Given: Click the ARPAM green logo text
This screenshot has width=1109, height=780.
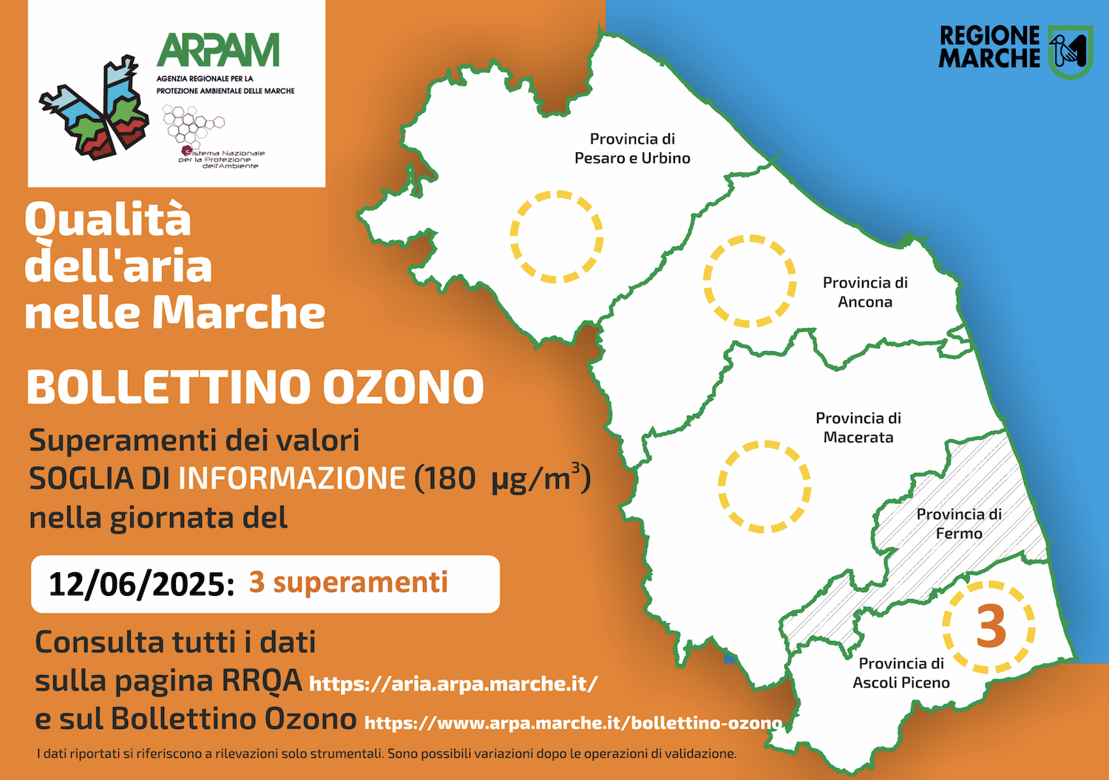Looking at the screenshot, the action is pyautogui.click(x=218, y=50).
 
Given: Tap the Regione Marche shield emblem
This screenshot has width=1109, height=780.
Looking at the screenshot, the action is pyautogui.click(x=1070, y=52).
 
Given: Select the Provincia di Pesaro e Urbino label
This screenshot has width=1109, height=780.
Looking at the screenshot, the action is pyautogui.click(x=632, y=148).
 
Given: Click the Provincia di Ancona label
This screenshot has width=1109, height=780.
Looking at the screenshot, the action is pyautogui.click(x=865, y=292).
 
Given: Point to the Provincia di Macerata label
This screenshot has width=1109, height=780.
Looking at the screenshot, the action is pyautogui.click(x=858, y=427).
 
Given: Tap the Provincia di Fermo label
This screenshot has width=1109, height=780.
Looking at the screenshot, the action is pyautogui.click(x=959, y=523).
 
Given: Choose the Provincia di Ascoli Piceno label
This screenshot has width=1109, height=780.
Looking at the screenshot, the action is pyautogui.click(x=901, y=673).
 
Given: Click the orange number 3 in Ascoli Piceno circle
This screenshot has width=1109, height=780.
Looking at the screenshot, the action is pyautogui.click(x=991, y=626).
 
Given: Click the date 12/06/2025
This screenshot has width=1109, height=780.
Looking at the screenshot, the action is pyautogui.click(x=141, y=584).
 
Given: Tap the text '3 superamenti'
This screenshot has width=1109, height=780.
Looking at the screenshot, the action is pyautogui.click(x=348, y=583).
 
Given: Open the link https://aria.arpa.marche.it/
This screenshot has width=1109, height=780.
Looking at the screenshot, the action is pyautogui.click(x=453, y=684).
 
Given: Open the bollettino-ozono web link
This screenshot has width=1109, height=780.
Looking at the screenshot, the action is pyautogui.click(x=573, y=723).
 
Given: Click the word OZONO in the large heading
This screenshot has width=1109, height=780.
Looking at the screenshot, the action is pyautogui.click(x=404, y=386).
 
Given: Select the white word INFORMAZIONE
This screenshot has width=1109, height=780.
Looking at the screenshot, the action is pyautogui.click(x=292, y=478).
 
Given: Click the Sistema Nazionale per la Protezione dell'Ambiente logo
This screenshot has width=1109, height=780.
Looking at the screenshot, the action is pyautogui.click(x=214, y=137).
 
